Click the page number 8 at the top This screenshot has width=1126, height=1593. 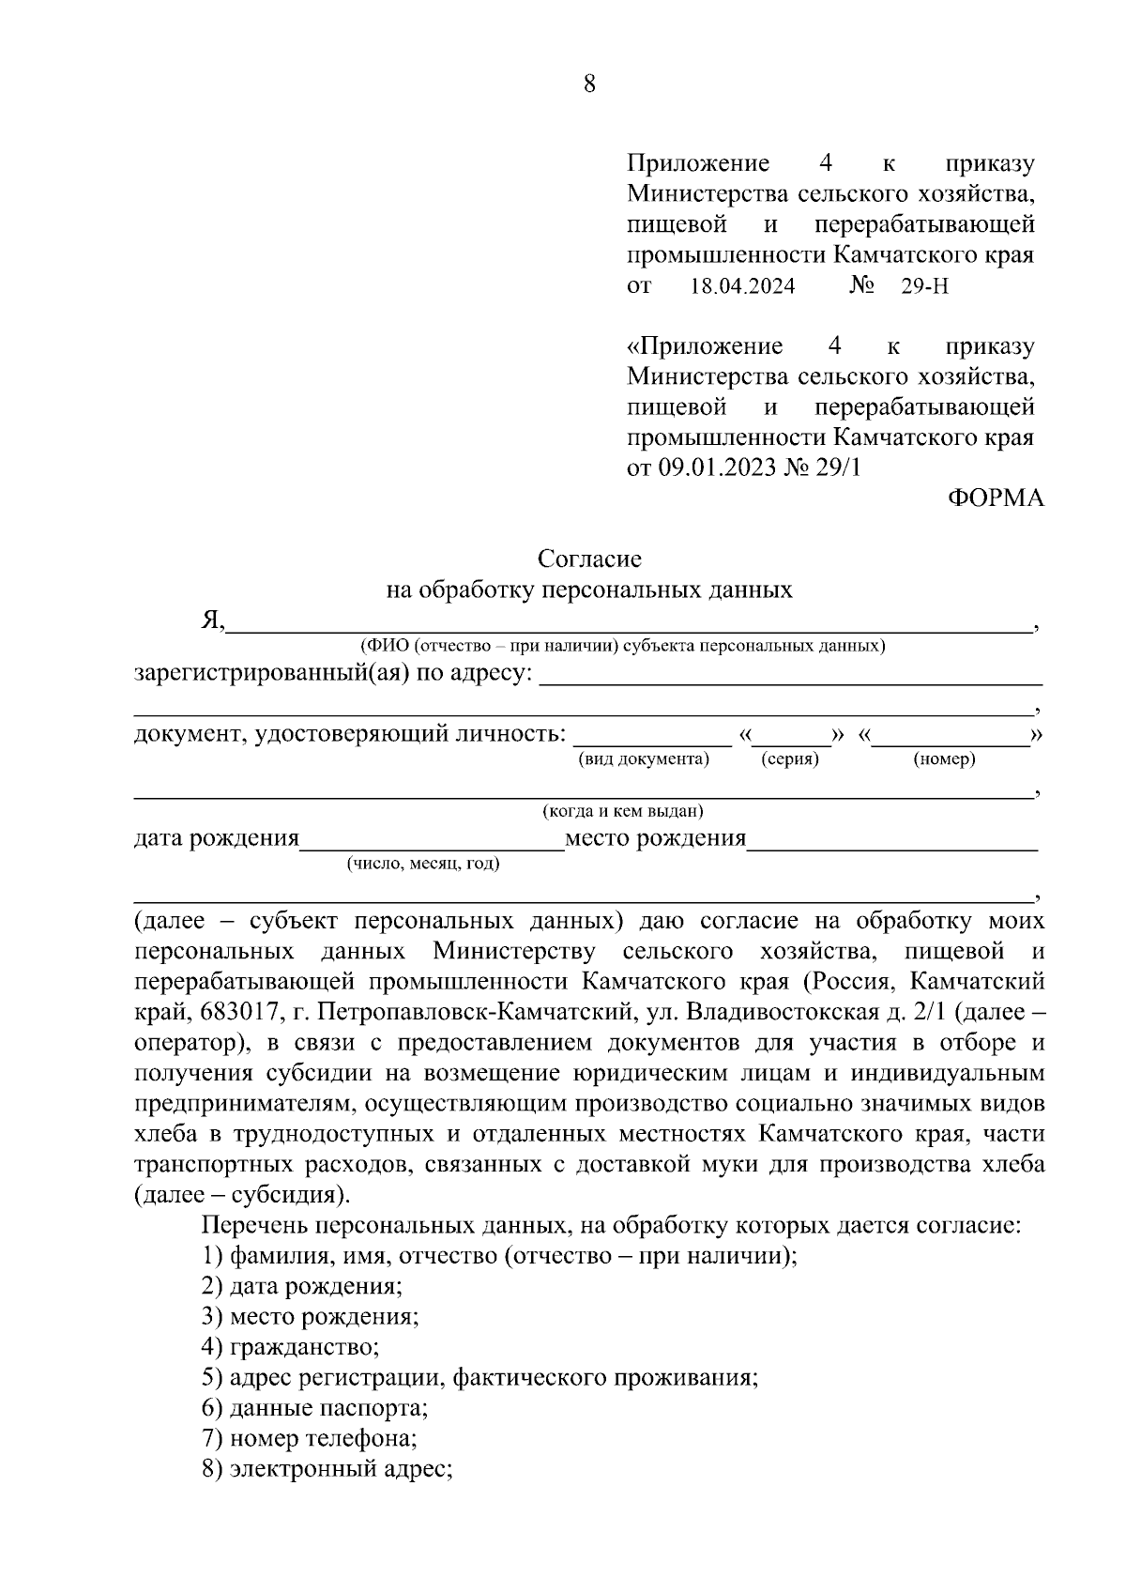click(x=589, y=84)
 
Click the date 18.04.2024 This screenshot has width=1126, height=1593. click(x=742, y=286)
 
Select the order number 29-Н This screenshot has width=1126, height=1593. click(x=924, y=286)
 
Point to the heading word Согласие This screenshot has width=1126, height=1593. click(x=589, y=559)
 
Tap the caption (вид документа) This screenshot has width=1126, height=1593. click(x=644, y=759)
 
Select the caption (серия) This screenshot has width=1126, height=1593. click(x=789, y=759)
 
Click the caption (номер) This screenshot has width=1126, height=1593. click(x=944, y=759)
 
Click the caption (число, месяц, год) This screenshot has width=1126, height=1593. click(x=423, y=864)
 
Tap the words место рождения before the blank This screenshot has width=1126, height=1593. click(x=655, y=838)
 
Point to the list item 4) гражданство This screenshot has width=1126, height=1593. click(x=291, y=1348)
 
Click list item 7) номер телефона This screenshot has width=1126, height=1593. click(x=310, y=1438)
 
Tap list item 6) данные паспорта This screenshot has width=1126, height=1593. click(x=315, y=1408)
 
